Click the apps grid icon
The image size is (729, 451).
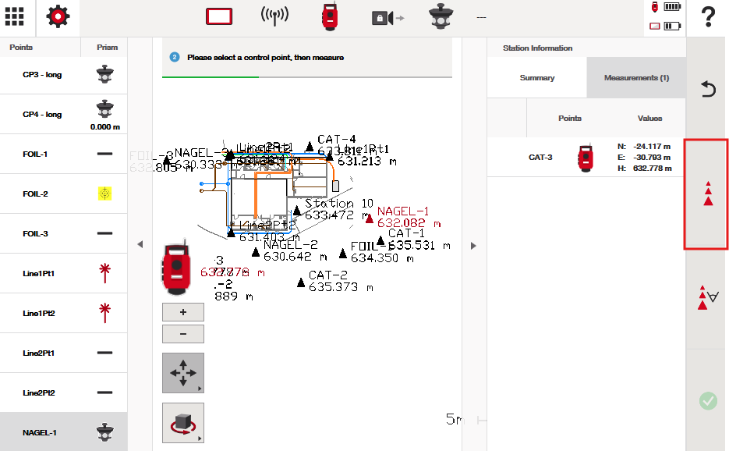click(15, 16)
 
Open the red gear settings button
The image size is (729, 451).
click(58, 16)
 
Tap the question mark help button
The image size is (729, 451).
click(708, 16)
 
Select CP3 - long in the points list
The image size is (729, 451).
click(42, 75)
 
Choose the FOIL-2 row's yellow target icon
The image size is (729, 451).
click(104, 194)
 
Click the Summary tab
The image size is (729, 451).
click(537, 78)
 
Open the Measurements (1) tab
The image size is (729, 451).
click(636, 78)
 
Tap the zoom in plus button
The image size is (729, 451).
click(183, 312)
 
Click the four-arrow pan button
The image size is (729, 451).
click(183, 373)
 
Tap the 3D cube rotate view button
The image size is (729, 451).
click(183, 423)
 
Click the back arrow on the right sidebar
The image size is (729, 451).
click(708, 89)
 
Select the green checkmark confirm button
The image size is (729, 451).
click(708, 401)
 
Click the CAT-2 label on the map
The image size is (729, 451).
click(327, 275)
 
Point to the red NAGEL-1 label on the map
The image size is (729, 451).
click(403, 211)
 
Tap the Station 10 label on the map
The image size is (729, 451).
click(339, 204)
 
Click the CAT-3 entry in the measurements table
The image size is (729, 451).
click(540, 157)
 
